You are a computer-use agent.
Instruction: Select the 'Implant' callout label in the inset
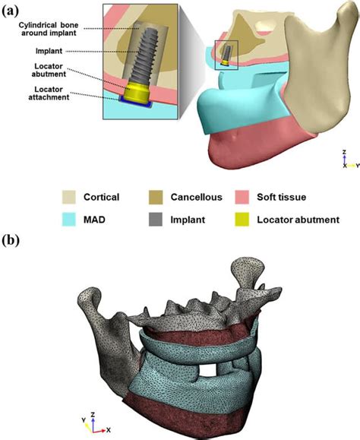click(x=55, y=51)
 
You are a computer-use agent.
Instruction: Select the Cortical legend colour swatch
click(x=73, y=198)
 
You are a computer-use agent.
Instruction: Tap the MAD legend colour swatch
click(x=73, y=219)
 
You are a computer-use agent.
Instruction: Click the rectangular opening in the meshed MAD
click(x=206, y=372)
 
